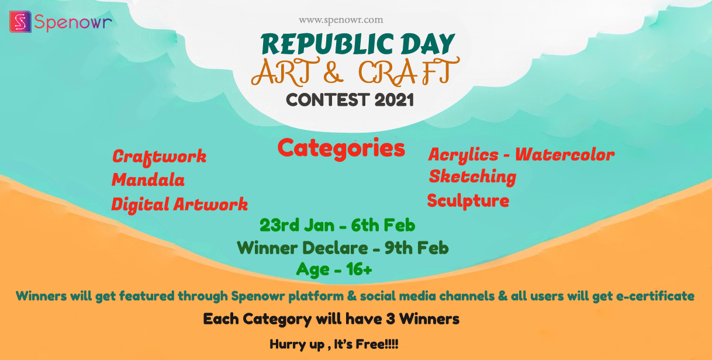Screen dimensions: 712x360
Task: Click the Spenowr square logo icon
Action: tap(20, 22)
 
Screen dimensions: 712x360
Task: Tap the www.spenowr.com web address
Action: tap(341, 20)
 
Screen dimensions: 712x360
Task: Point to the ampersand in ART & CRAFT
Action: tap(333, 72)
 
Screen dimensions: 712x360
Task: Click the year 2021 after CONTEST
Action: tap(394, 100)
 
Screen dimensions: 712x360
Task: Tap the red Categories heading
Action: tap(341, 148)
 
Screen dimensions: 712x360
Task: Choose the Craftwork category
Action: tap(159, 157)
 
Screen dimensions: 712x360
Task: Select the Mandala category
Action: tap(148, 180)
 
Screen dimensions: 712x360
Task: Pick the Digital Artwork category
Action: tap(179, 205)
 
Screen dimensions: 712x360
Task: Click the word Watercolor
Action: tap(565, 155)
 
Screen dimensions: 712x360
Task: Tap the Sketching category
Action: tap(472, 177)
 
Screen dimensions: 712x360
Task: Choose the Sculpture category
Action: tap(468, 201)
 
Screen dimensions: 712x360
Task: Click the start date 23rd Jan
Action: tap(297, 225)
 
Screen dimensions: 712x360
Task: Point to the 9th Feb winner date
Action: tap(417, 248)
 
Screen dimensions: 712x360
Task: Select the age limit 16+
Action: tap(359, 269)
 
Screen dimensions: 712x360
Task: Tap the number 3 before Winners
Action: tap(390, 319)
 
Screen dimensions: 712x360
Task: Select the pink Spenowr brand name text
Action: tap(73, 23)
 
